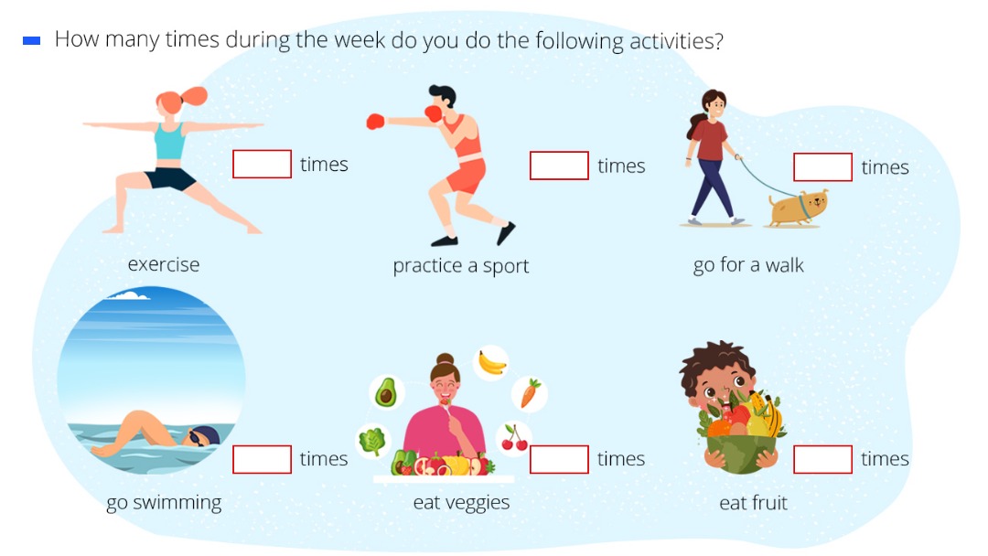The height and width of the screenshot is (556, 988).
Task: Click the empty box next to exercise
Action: tap(263, 164)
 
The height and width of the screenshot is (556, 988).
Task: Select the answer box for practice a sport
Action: tap(560, 166)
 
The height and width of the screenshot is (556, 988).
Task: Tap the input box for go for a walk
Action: tap(823, 166)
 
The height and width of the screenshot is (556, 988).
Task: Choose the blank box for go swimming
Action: tap(263, 459)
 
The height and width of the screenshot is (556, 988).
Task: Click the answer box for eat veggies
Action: tap(560, 459)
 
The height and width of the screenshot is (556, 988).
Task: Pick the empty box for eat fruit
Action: tap(823, 459)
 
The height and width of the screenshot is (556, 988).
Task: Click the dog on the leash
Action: tap(798, 208)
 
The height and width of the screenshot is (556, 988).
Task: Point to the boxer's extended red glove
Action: tap(376, 122)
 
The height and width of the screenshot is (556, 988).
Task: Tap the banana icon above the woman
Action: tap(492, 363)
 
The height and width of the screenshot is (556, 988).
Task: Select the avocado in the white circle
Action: tap(386, 393)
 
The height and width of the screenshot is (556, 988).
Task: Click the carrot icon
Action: tap(530, 393)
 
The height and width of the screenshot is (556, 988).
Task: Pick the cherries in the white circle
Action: tap(514, 438)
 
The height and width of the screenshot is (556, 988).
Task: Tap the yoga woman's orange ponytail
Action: tap(193, 96)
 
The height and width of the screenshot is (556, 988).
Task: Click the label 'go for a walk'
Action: tap(748, 265)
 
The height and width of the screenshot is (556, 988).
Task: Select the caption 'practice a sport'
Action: tap(460, 266)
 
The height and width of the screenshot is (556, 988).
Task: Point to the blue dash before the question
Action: tap(31, 41)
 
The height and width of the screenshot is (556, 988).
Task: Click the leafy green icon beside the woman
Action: tap(371, 441)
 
